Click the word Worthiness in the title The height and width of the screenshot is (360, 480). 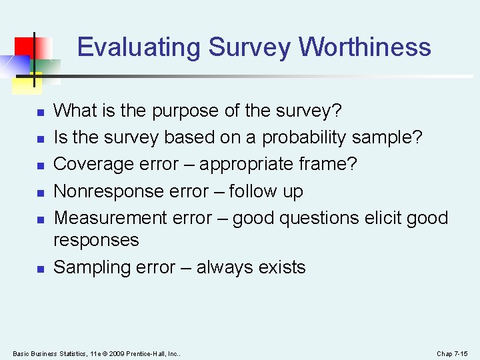click(365, 47)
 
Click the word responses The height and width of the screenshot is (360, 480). click(96, 240)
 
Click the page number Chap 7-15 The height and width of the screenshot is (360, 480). click(452, 353)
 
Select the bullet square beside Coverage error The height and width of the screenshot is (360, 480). click(40, 165)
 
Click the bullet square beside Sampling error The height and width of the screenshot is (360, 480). click(40, 269)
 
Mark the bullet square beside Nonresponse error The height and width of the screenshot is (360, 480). click(40, 192)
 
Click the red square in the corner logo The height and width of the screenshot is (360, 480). click(25, 46)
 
